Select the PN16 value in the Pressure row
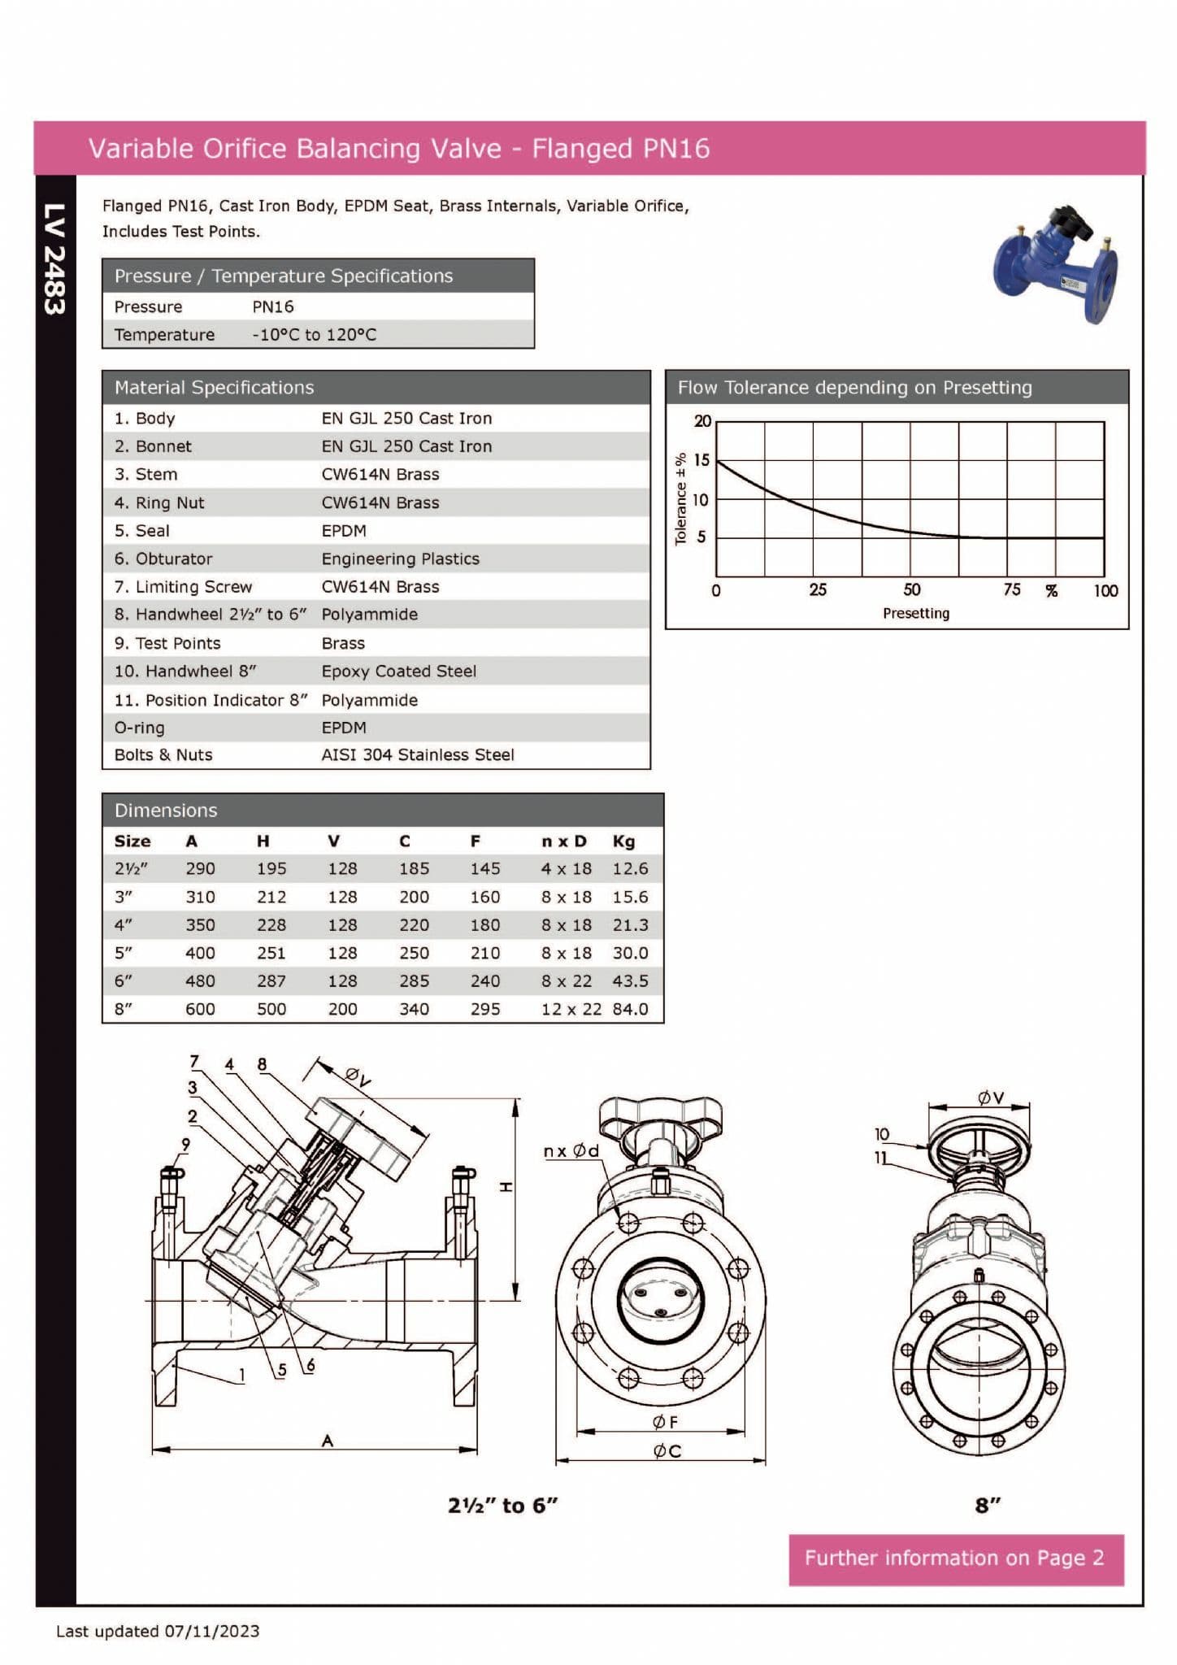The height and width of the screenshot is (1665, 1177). [x=272, y=307]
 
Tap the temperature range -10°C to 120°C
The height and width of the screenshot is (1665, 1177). [x=314, y=335]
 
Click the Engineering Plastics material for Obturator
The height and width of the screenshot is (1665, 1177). [x=400, y=559]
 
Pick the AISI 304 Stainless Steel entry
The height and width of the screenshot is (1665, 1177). [x=417, y=755]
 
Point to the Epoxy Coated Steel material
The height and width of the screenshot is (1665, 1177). [x=398, y=672]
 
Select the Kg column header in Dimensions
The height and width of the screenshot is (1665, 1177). [x=623, y=841]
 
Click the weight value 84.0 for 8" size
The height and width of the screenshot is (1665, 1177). [x=630, y=1010]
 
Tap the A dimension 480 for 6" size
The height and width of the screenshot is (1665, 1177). [x=200, y=981]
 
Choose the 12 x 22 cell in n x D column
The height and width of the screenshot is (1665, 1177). [x=571, y=1010]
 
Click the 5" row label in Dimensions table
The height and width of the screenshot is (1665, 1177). [x=123, y=953]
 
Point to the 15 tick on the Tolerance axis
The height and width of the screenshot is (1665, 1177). [x=701, y=460]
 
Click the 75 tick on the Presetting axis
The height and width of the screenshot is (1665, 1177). [x=1011, y=590]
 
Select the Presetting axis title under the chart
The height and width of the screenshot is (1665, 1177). [x=915, y=614]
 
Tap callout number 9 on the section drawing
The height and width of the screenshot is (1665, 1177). [x=185, y=1145]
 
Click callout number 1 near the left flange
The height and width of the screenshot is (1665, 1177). [x=241, y=1375]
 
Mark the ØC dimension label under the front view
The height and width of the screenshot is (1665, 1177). [x=667, y=1451]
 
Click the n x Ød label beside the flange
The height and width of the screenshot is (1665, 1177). [x=571, y=1151]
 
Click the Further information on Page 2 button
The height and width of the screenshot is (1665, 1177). [x=955, y=1558]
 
